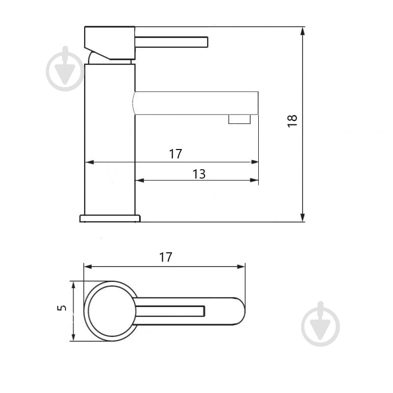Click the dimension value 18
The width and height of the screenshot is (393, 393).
click(292, 121)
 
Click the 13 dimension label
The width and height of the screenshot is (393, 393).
click(199, 174)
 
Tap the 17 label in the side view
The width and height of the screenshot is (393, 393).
click(176, 154)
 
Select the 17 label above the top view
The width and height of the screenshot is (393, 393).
click(166, 257)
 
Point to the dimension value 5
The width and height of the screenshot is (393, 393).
click(61, 308)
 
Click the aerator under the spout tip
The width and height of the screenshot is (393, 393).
click(240, 119)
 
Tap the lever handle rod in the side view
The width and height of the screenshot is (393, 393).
click(172, 42)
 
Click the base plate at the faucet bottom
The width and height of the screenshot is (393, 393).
click(110, 218)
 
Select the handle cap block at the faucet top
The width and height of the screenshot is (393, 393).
click(110, 43)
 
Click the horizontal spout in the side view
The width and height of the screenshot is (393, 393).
click(196, 103)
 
